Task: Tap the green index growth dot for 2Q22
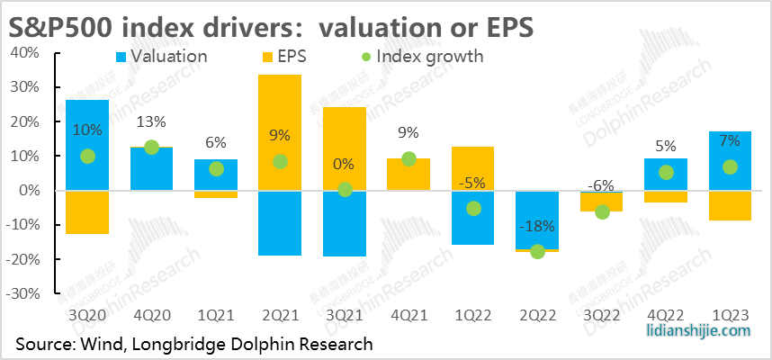pyautogui.click(x=537, y=252)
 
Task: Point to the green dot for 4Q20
pyautogui.click(x=152, y=148)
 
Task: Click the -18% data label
pyautogui.click(x=537, y=225)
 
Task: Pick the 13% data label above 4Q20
pyautogui.click(x=152, y=122)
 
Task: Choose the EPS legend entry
pyautogui.click(x=288, y=57)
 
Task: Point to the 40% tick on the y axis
pyautogui.click(x=23, y=53)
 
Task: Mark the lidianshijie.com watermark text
pyautogui.click(x=697, y=331)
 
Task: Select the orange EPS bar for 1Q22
pyautogui.click(x=472, y=167)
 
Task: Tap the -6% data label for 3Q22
pyautogui.click(x=601, y=185)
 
